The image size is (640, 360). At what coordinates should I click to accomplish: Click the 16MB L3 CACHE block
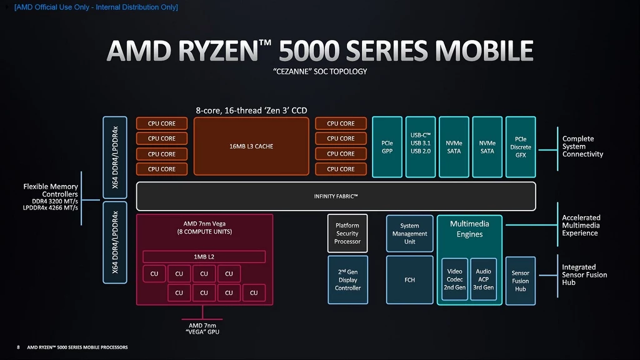click(251, 146)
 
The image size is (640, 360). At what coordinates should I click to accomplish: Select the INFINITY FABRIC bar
click(336, 196)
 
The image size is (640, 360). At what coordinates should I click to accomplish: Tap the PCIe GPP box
click(387, 147)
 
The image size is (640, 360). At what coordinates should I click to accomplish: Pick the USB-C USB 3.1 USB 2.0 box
click(421, 147)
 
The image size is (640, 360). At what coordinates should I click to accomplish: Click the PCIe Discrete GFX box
click(521, 147)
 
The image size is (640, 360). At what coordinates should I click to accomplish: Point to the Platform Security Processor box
click(347, 234)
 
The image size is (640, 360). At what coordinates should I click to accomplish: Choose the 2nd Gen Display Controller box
click(347, 280)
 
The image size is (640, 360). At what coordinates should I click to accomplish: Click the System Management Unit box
click(409, 234)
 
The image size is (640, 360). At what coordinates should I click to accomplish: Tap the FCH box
click(409, 280)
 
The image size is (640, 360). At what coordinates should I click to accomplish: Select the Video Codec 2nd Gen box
click(455, 279)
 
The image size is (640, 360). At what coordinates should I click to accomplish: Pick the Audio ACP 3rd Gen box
click(483, 279)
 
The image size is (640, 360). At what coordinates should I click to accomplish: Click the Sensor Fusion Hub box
click(521, 281)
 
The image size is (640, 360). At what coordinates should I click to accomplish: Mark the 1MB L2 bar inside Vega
click(204, 257)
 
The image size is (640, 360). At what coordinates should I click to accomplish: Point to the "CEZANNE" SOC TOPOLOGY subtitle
click(320, 71)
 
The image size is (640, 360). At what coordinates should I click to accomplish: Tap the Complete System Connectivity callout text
click(582, 146)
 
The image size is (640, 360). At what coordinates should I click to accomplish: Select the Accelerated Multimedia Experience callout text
click(581, 225)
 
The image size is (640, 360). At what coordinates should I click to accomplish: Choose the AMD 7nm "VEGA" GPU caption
click(202, 329)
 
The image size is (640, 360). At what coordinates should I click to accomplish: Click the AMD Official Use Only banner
click(96, 7)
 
